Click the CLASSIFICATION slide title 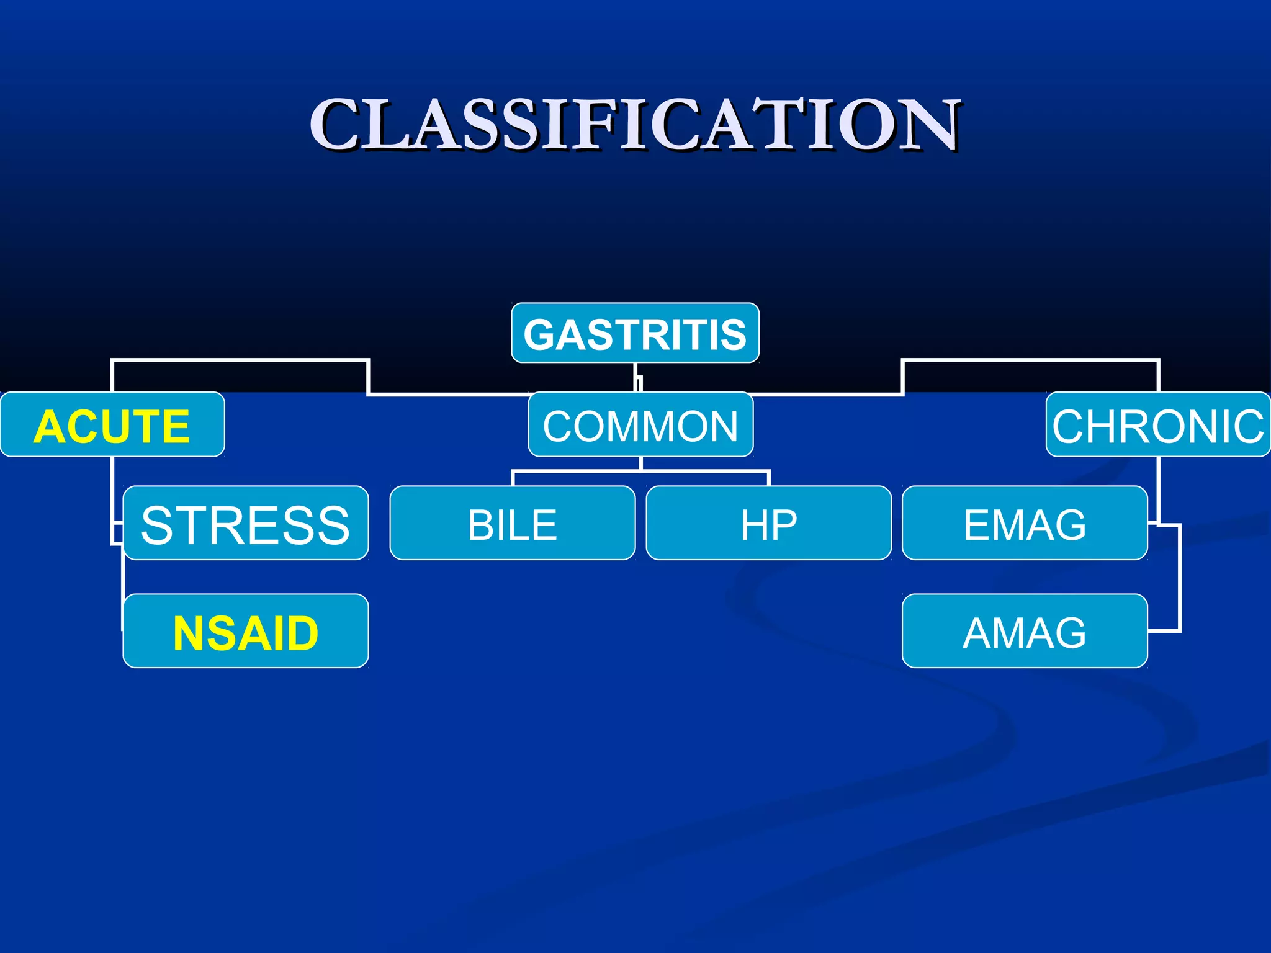(x=635, y=124)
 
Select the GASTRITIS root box (x=635, y=333)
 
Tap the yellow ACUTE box (x=112, y=426)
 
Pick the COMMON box (x=640, y=426)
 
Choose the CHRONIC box (x=1158, y=426)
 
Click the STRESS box (x=246, y=524)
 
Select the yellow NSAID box (x=246, y=632)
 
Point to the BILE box (x=513, y=524)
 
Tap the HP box (x=768, y=524)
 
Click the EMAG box (x=1025, y=524)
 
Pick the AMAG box (x=1025, y=632)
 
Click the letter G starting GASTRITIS (x=542, y=335)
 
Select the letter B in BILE (x=481, y=525)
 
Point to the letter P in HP (x=784, y=525)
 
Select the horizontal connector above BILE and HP (x=640, y=472)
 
